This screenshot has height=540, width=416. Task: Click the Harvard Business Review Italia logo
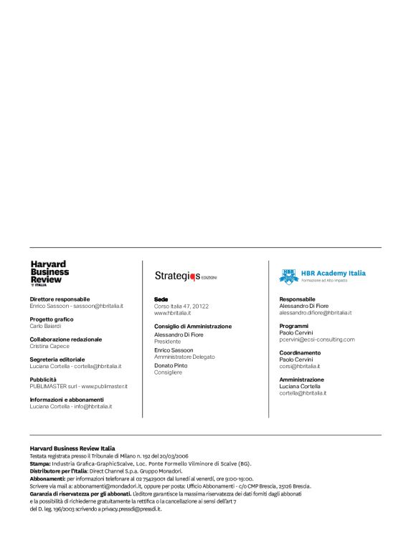(49, 274)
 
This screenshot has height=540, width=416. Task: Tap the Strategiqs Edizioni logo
(185, 275)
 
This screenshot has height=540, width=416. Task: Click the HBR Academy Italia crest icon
(288, 275)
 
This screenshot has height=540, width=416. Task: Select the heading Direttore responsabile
(60, 299)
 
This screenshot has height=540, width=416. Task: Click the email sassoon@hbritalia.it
(99, 306)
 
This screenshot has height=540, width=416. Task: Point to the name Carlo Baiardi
(45, 326)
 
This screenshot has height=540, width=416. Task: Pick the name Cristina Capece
(49, 346)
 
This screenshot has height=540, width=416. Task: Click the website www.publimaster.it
(104, 386)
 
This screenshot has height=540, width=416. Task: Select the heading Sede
(161, 299)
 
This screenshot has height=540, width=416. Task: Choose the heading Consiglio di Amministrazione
(193, 326)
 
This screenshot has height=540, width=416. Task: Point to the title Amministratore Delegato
(184, 357)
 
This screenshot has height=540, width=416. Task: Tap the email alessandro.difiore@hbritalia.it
(315, 313)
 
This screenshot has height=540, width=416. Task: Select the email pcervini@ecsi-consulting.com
(316, 339)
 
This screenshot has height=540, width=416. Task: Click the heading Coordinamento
(300, 352)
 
